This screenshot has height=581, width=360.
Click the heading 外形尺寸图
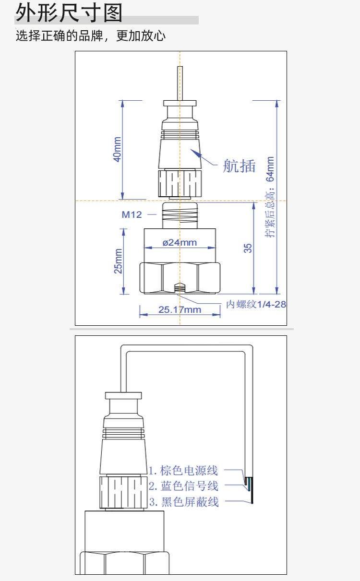coord(69,13)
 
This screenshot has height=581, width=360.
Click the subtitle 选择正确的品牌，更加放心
coord(91,36)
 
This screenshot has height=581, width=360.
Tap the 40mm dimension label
coord(117,150)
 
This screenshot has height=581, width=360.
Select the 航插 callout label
coord(239,166)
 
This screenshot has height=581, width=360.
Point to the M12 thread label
coord(132,214)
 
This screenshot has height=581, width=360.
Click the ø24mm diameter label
coord(180,242)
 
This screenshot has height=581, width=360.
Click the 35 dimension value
coord(248,248)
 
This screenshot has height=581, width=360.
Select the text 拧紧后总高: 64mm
coord(271,197)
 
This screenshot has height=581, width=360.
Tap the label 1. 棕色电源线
coord(183,470)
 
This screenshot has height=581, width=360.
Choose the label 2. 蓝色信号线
coord(183,486)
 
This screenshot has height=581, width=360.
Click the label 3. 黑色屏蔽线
coord(183,502)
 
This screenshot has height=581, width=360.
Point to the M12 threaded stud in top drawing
coord(180,214)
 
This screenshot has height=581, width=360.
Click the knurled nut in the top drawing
coord(180,182)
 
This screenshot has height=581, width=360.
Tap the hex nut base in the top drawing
coord(180,278)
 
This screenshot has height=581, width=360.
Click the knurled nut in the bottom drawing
coord(123,492)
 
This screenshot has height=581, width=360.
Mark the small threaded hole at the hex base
coord(180,288)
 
